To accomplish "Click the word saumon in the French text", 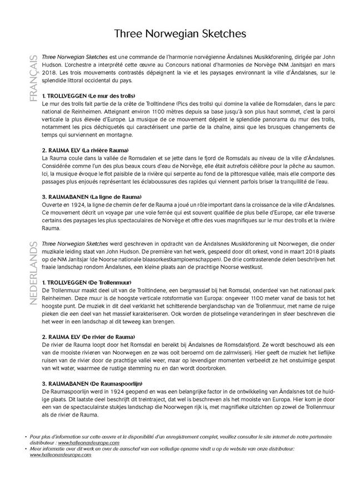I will pos(326,166).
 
